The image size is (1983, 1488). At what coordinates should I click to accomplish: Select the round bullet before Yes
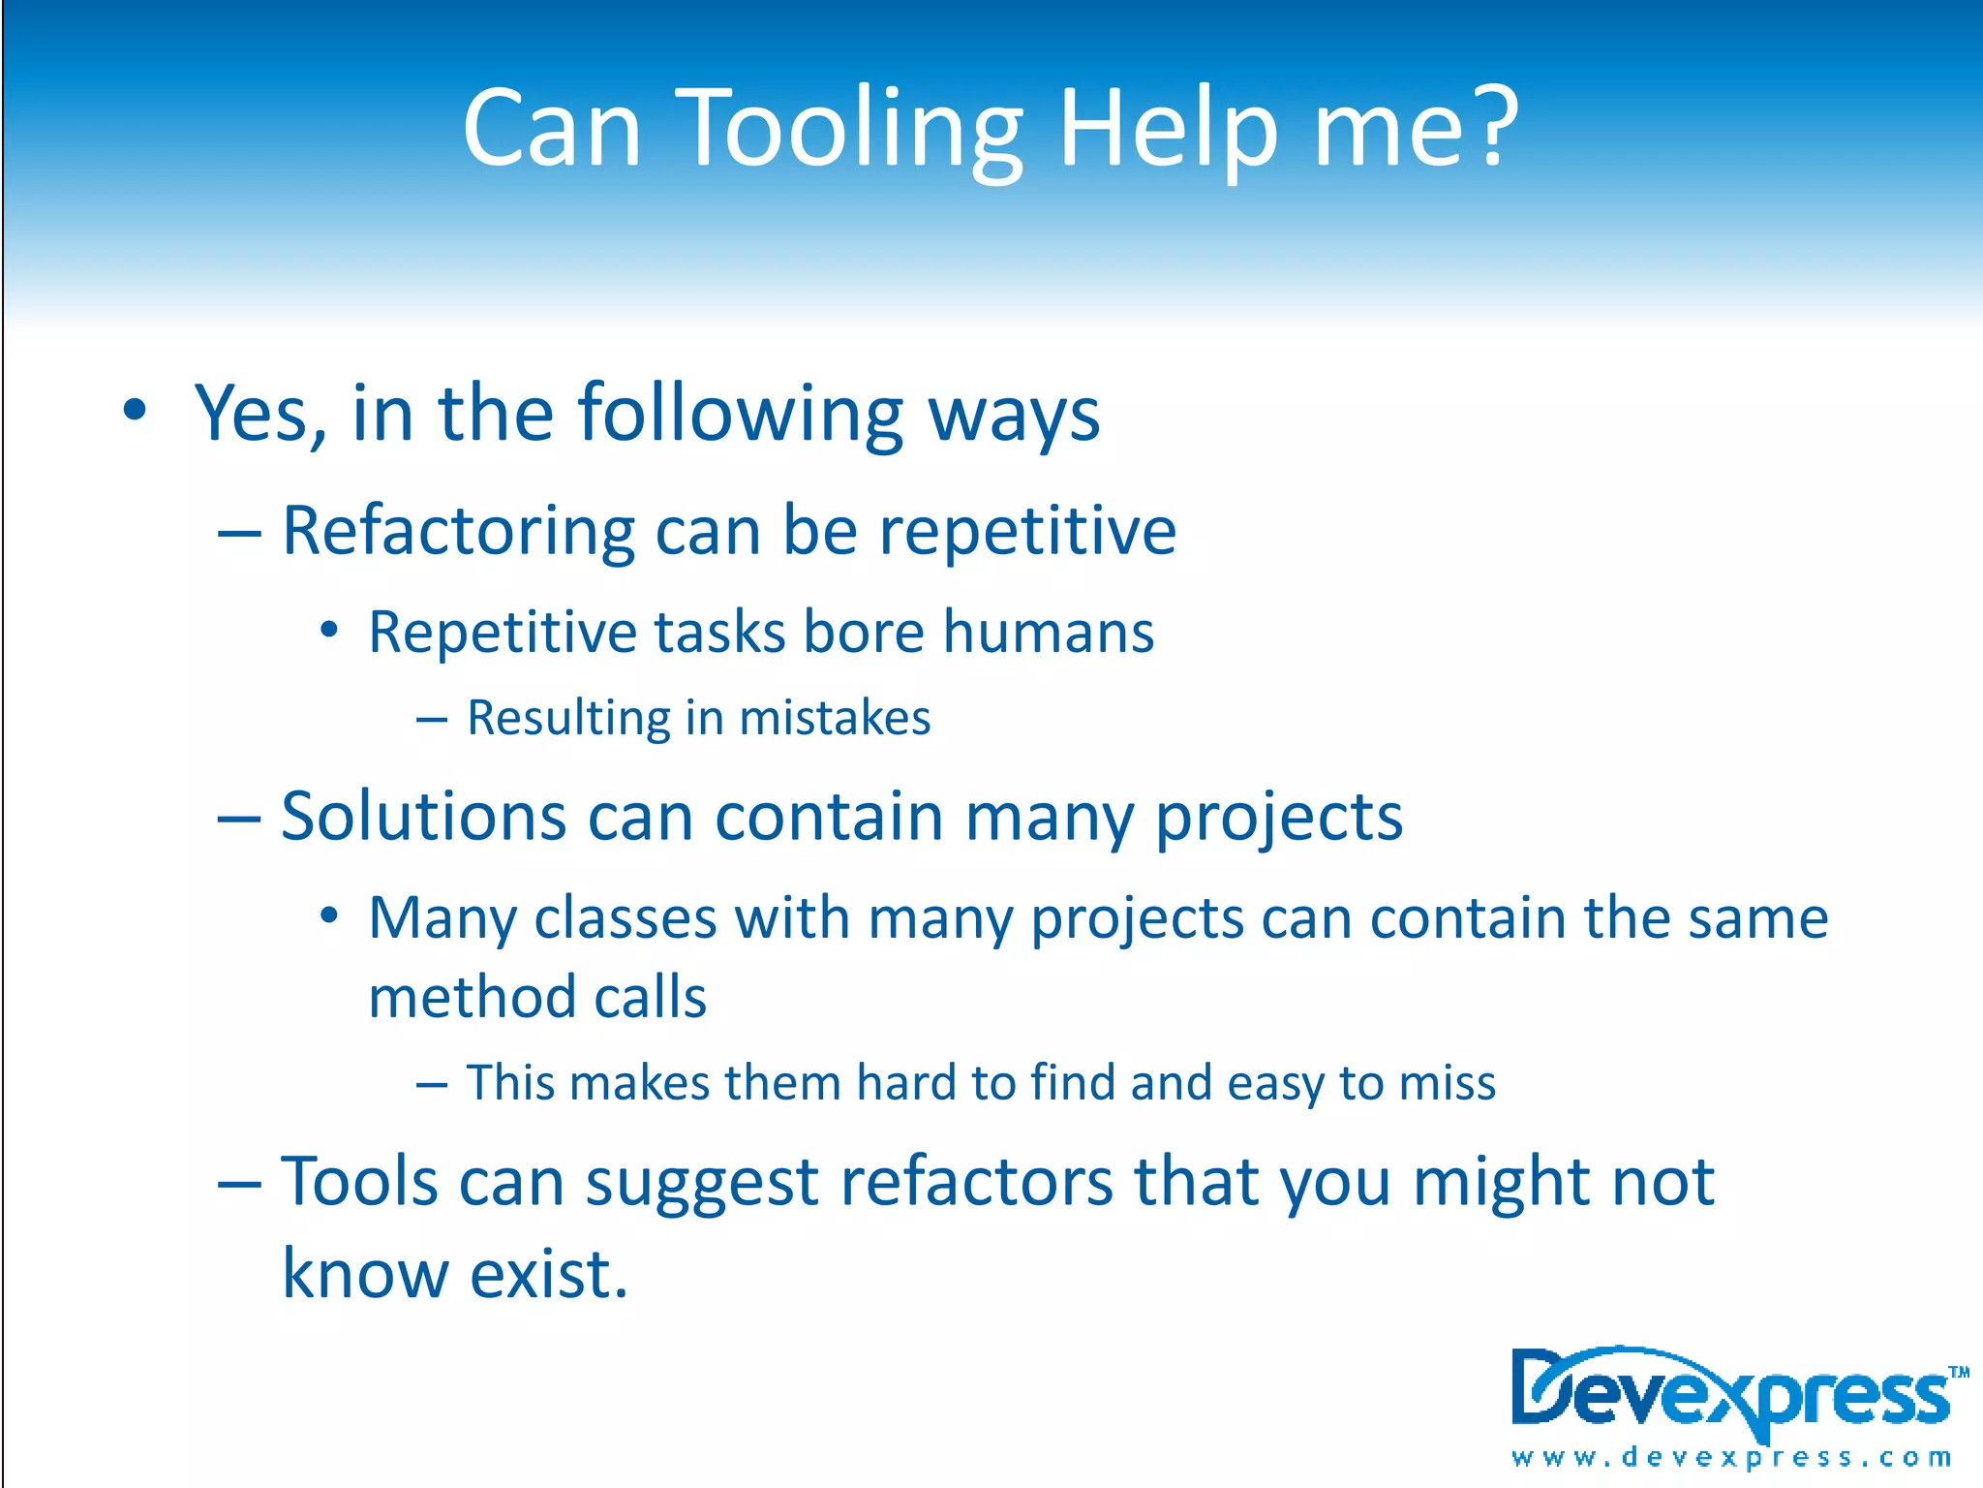(135, 410)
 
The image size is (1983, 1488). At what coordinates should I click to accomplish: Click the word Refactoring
(458, 533)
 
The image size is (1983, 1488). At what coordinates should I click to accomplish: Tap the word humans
(1048, 633)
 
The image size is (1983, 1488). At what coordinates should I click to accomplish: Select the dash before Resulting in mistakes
(431, 720)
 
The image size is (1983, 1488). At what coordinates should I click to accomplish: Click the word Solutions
(423, 817)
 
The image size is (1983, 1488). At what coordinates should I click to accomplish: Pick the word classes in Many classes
(625, 918)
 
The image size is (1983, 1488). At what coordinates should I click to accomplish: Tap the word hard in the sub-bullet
(908, 1083)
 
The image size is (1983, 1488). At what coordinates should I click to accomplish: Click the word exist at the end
(548, 1274)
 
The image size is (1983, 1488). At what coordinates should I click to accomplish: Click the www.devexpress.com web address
(1730, 1457)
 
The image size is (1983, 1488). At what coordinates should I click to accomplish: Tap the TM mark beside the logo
(1959, 1372)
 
